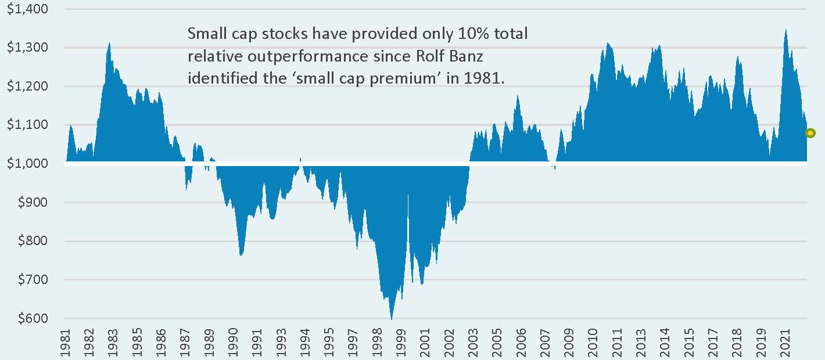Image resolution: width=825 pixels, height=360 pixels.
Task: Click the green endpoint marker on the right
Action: tap(810, 133)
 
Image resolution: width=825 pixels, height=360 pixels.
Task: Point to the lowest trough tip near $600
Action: tap(392, 319)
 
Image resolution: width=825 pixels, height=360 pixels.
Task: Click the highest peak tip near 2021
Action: tap(785, 30)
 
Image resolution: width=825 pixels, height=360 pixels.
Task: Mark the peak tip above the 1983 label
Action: tap(109, 42)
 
